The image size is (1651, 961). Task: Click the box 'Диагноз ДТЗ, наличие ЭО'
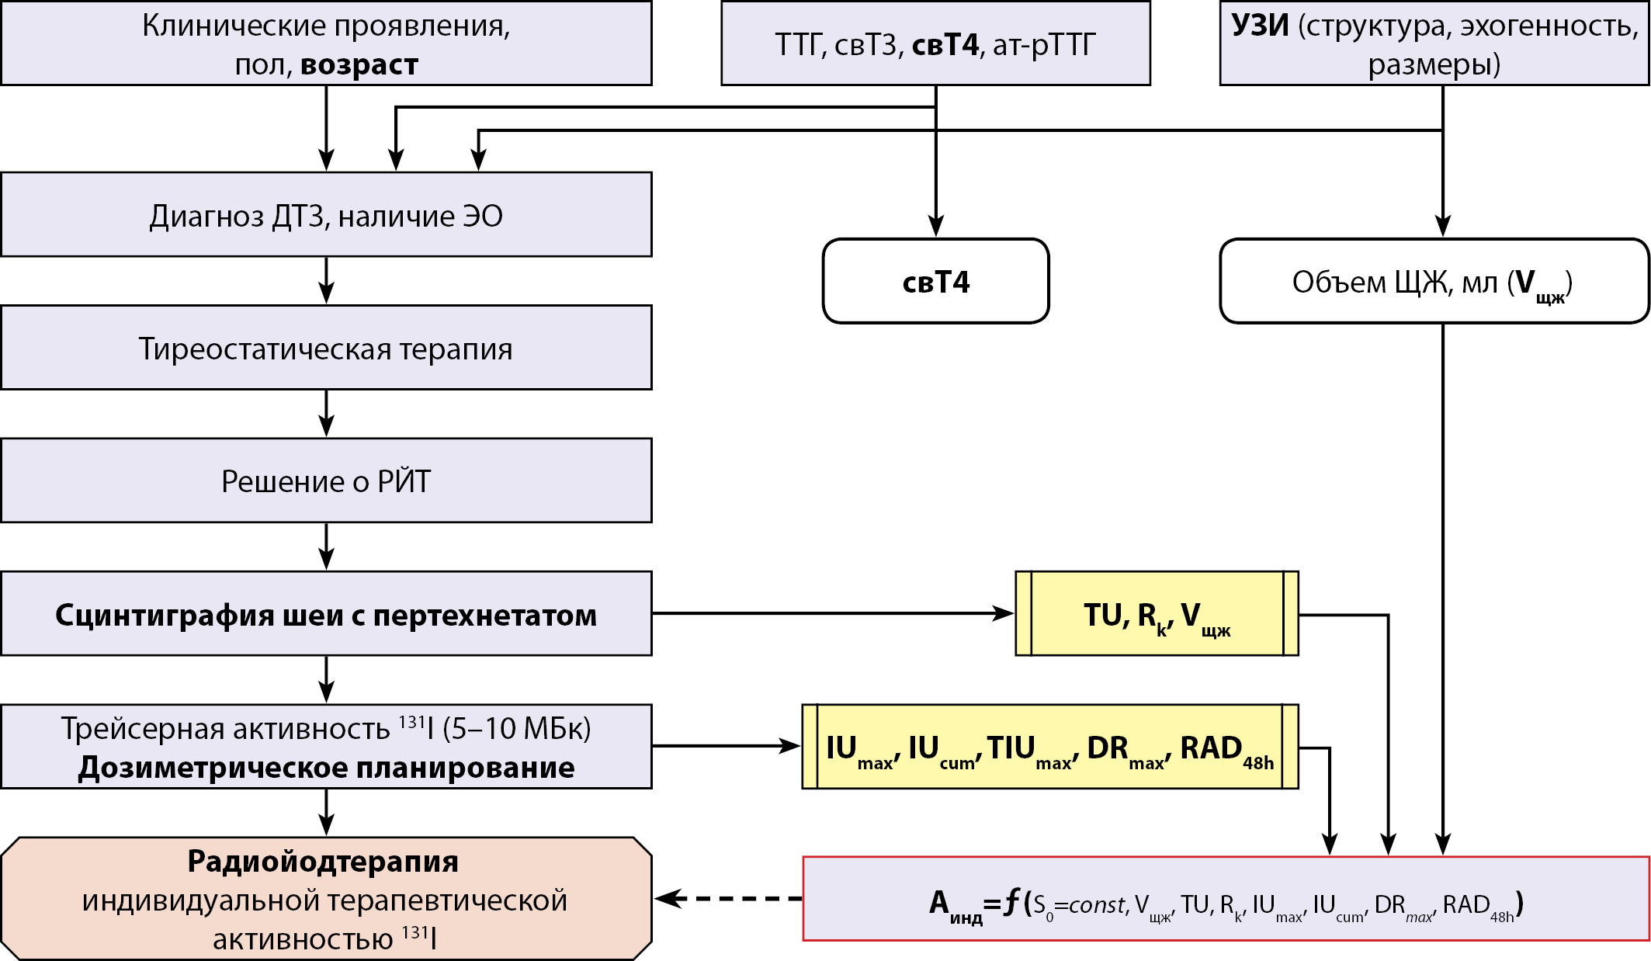[326, 215]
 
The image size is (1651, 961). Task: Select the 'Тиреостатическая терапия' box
[326, 348]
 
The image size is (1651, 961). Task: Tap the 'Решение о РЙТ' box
[326, 481]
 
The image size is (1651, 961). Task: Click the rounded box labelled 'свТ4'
[935, 281]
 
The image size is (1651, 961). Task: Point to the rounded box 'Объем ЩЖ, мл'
[1433, 281]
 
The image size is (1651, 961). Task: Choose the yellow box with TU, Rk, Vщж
[1157, 614]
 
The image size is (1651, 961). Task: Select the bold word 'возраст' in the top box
[359, 64]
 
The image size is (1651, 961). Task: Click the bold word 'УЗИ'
[1260, 26]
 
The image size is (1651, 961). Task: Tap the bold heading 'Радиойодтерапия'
[323, 861]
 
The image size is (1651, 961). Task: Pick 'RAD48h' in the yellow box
[1226, 749]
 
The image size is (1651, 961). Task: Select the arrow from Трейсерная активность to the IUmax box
[726, 746]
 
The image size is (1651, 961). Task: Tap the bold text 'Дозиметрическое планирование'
[326, 767]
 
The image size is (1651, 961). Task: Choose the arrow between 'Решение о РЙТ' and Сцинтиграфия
[327, 546]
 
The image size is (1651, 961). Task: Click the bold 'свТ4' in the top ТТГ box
[945, 45]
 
